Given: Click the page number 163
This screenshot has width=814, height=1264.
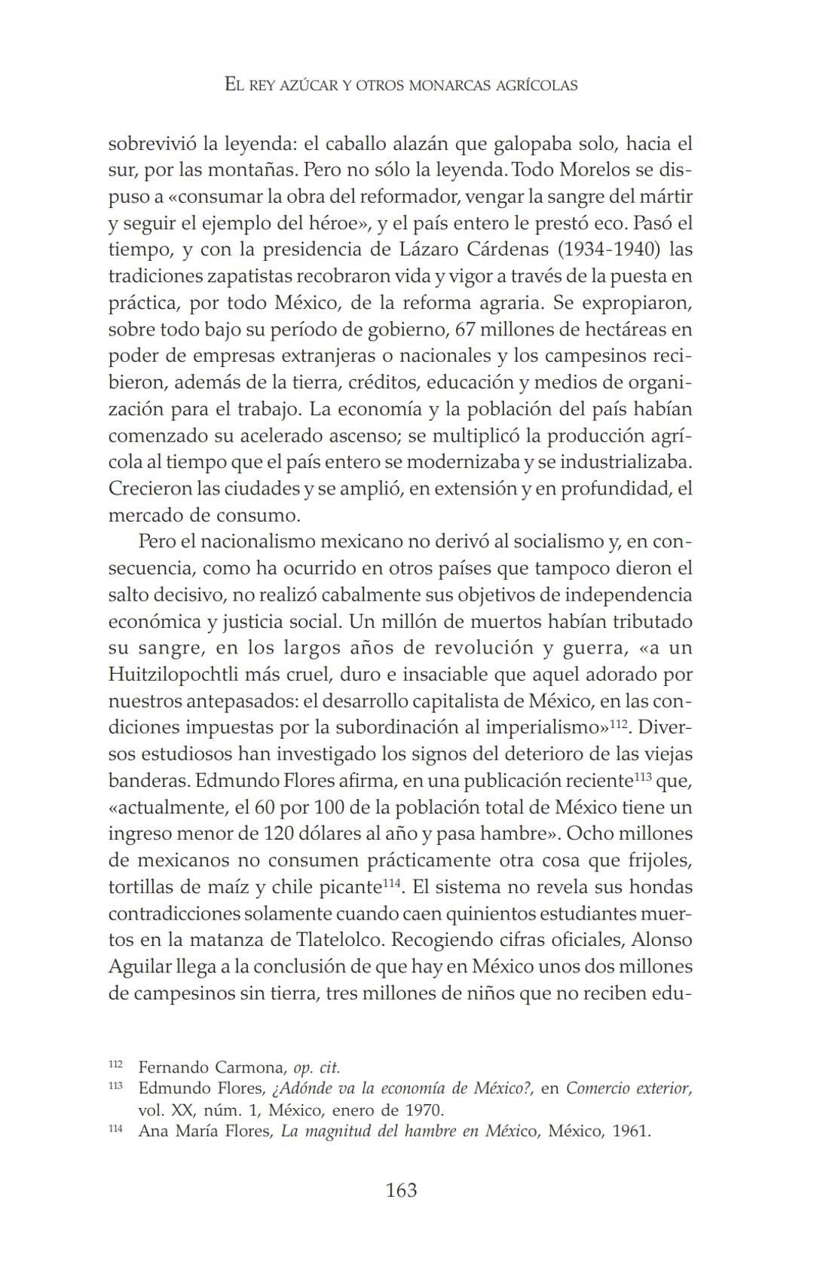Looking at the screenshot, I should (x=401, y=1190).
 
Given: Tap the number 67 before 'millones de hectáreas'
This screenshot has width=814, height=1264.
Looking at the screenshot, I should (x=465, y=329).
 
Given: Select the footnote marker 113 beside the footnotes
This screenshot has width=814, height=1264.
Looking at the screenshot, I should (x=115, y=1087).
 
